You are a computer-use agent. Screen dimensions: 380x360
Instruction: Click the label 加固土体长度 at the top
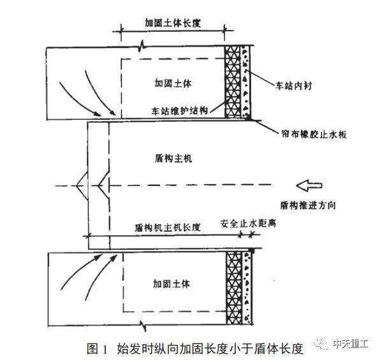click(173, 23)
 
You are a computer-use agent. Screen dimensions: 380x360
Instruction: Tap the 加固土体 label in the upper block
click(173, 83)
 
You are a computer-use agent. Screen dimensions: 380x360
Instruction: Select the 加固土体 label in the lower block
click(172, 284)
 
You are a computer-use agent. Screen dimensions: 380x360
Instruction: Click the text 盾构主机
click(173, 159)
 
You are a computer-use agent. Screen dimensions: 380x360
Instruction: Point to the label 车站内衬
click(293, 86)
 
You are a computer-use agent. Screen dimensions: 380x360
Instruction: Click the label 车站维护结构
click(180, 111)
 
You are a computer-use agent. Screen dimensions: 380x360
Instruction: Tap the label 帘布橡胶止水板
click(314, 134)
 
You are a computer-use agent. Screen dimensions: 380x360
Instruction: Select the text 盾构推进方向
click(308, 205)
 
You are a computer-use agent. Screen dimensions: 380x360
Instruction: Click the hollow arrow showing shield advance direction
click(309, 185)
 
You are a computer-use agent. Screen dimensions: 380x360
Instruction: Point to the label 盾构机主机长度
click(168, 227)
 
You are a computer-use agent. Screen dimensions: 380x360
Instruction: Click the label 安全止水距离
click(249, 223)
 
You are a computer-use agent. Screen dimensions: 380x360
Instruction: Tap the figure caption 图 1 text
click(97, 349)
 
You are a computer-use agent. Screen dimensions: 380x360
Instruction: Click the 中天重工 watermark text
click(351, 343)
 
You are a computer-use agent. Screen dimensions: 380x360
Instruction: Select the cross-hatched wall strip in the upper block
click(233, 82)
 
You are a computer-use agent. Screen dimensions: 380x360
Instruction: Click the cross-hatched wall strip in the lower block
click(235, 288)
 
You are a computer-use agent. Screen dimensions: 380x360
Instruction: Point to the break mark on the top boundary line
click(142, 46)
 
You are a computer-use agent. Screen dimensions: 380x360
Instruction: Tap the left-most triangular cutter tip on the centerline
click(77, 186)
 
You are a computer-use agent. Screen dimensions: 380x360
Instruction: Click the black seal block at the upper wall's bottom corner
click(248, 118)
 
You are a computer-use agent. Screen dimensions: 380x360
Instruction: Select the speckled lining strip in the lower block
click(247, 288)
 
